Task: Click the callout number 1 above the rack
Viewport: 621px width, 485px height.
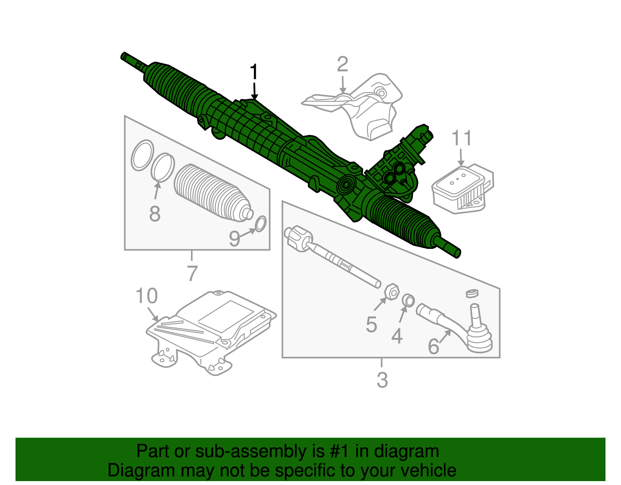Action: [x=254, y=72]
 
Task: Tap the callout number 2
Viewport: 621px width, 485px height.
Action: [x=342, y=64]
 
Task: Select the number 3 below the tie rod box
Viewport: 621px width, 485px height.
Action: [x=382, y=380]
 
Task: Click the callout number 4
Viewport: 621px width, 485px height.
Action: [x=397, y=336]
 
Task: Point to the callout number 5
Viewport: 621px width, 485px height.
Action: [x=371, y=325]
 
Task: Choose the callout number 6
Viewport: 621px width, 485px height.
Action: [x=433, y=346]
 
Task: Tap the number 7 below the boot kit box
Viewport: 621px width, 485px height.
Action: [x=192, y=273]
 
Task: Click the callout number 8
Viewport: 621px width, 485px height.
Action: [x=154, y=214]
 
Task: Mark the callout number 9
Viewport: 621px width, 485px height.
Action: [x=234, y=238]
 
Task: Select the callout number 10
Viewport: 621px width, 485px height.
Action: [x=146, y=296]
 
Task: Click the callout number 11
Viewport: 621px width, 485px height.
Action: [x=461, y=138]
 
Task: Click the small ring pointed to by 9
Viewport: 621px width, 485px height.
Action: [x=260, y=224]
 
